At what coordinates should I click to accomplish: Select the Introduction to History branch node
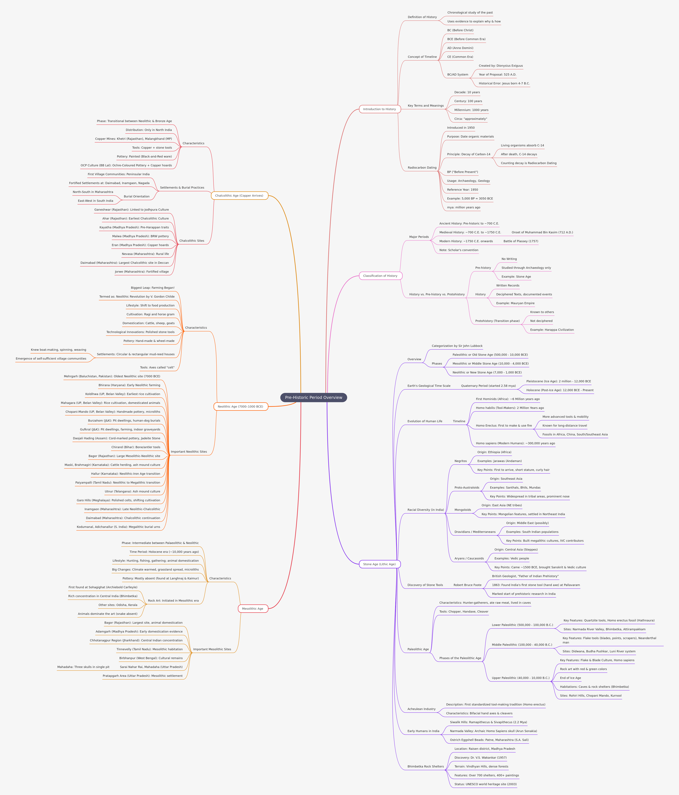(380, 109)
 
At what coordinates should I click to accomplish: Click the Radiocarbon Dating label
(422, 168)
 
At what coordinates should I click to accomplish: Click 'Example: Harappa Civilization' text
(552, 330)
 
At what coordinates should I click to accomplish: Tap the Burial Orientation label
(137, 196)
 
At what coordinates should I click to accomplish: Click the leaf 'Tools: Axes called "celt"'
(157, 368)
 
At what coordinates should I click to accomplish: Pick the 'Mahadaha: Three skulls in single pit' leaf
(83, 667)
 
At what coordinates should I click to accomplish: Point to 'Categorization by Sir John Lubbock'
(457, 346)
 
